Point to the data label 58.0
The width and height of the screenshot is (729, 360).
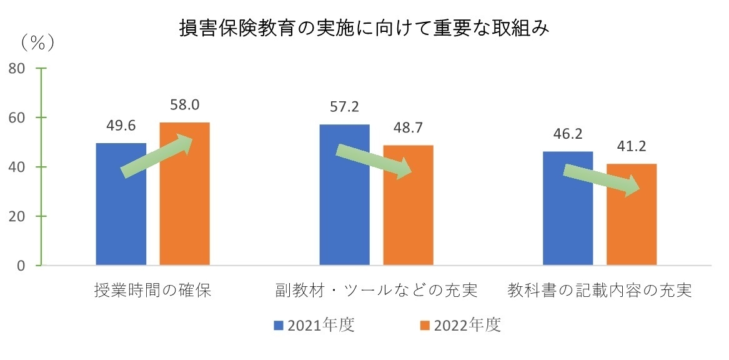click(184, 105)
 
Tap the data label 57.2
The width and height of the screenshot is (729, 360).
click(344, 107)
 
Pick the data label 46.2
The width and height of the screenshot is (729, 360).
click(567, 134)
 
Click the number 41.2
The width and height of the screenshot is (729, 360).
click(631, 147)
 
